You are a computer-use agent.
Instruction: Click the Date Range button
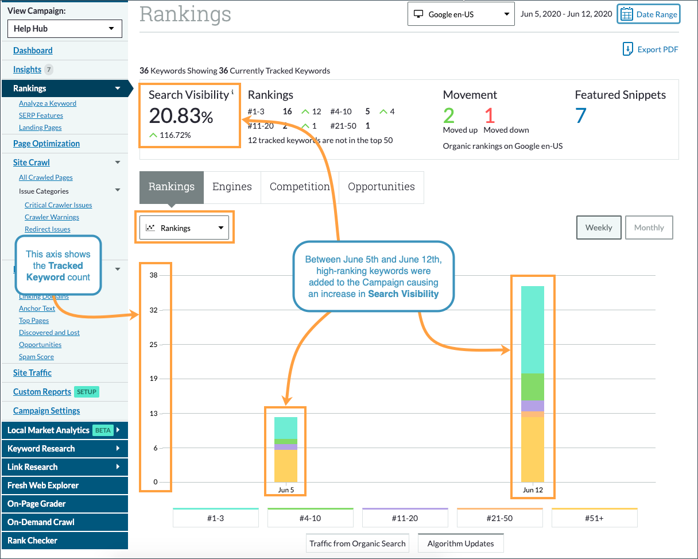pyautogui.click(x=649, y=14)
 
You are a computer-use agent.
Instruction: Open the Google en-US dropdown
pyautogui.click(x=461, y=14)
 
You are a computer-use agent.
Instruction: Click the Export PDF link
pyautogui.click(x=650, y=49)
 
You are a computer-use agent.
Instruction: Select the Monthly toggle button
pyautogui.click(x=649, y=228)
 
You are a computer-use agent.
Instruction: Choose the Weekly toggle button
pyautogui.click(x=599, y=228)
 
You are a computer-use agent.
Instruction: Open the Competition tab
pyautogui.click(x=300, y=187)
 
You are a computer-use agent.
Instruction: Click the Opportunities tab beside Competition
pyautogui.click(x=381, y=187)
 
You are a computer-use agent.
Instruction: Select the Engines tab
pyautogui.click(x=232, y=187)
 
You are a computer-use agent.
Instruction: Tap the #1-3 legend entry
pyautogui.click(x=216, y=518)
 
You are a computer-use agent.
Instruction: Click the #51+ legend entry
pyautogui.click(x=594, y=518)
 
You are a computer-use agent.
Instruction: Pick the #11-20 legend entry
pyautogui.click(x=405, y=518)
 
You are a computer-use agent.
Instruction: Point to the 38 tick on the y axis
pyautogui.click(x=153, y=275)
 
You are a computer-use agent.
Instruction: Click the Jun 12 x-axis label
pyautogui.click(x=533, y=490)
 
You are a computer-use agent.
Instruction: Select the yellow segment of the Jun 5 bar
pyautogui.click(x=286, y=465)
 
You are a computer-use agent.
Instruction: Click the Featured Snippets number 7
pyautogui.click(x=580, y=116)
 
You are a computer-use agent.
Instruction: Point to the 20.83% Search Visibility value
pyautogui.click(x=181, y=116)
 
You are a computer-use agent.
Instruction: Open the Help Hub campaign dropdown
pyautogui.click(x=65, y=29)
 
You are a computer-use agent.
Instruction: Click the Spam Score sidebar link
pyautogui.click(x=36, y=357)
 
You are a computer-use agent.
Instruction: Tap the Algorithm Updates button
pyautogui.click(x=460, y=543)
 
